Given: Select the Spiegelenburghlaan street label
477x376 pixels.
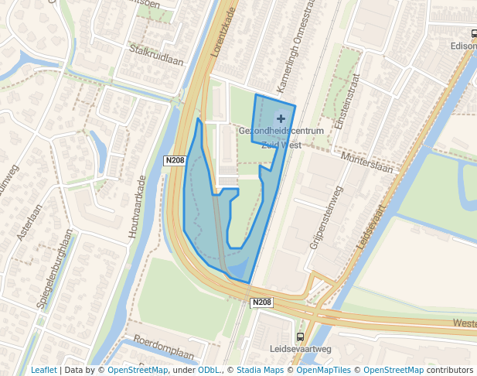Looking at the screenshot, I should tap(57, 268).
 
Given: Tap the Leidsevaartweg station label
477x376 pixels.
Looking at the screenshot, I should tap(300, 350).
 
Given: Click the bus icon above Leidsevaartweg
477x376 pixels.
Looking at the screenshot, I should tap(300, 337).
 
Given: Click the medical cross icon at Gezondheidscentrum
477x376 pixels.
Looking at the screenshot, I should tap(281, 118).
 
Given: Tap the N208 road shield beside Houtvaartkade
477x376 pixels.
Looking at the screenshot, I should tap(174, 160).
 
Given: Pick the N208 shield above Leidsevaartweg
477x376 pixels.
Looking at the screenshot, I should tap(262, 303).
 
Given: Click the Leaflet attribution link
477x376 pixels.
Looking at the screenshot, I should tap(43, 371).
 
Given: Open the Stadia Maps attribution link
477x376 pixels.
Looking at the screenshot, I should tap(264, 371).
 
